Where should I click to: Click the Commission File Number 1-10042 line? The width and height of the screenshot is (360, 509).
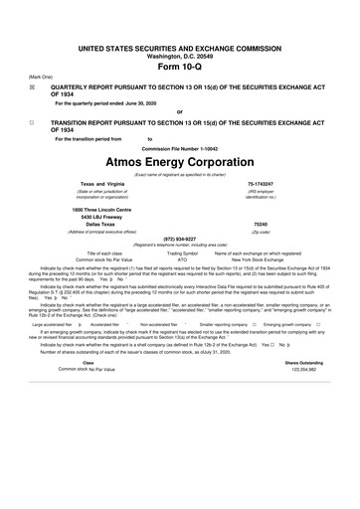pos(179,148)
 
